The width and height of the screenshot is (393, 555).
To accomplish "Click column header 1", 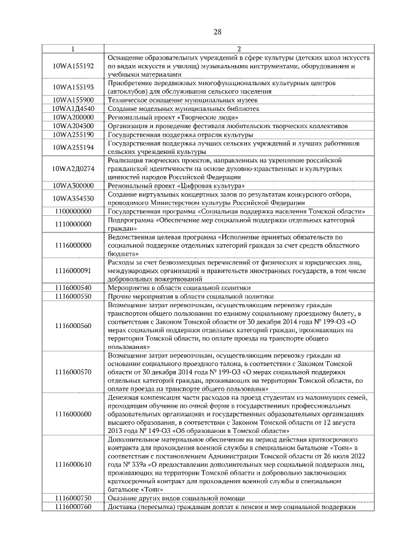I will click(x=73, y=49).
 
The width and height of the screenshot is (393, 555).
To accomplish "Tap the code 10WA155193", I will click(x=73, y=87).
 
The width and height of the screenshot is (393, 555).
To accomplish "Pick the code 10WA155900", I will click(x=73, y=99).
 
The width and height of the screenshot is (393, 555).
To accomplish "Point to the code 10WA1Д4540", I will click(x=73, y=108).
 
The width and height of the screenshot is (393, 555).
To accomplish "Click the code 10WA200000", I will click(x=73, y=117).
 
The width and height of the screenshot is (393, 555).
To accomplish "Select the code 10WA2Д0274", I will click(x=73, y=168).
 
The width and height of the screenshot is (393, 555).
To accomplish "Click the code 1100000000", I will click(x=73, y=211).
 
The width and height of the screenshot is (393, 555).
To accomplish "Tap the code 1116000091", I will click(x=73, y=270).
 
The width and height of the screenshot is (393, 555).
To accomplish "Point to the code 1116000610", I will click(x=73, y=464).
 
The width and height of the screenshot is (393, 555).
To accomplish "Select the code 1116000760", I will click(x=73, y=506).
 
